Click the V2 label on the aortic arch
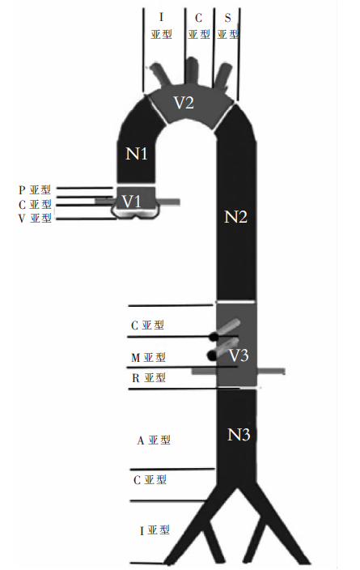184,103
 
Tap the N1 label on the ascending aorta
137,154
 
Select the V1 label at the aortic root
131,202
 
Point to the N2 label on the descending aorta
235,217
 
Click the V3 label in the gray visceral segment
239,355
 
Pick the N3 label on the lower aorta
239,435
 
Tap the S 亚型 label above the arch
228,26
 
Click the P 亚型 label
35,189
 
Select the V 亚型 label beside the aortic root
35,218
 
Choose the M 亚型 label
148,358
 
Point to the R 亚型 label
149,378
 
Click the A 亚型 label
154,440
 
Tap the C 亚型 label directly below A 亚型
150,480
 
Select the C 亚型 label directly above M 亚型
147,325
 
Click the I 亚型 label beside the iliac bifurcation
155,530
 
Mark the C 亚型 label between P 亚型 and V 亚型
35,204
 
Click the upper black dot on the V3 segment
214,337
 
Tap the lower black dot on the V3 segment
211,355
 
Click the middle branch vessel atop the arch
192,71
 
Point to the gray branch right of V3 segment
271,371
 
